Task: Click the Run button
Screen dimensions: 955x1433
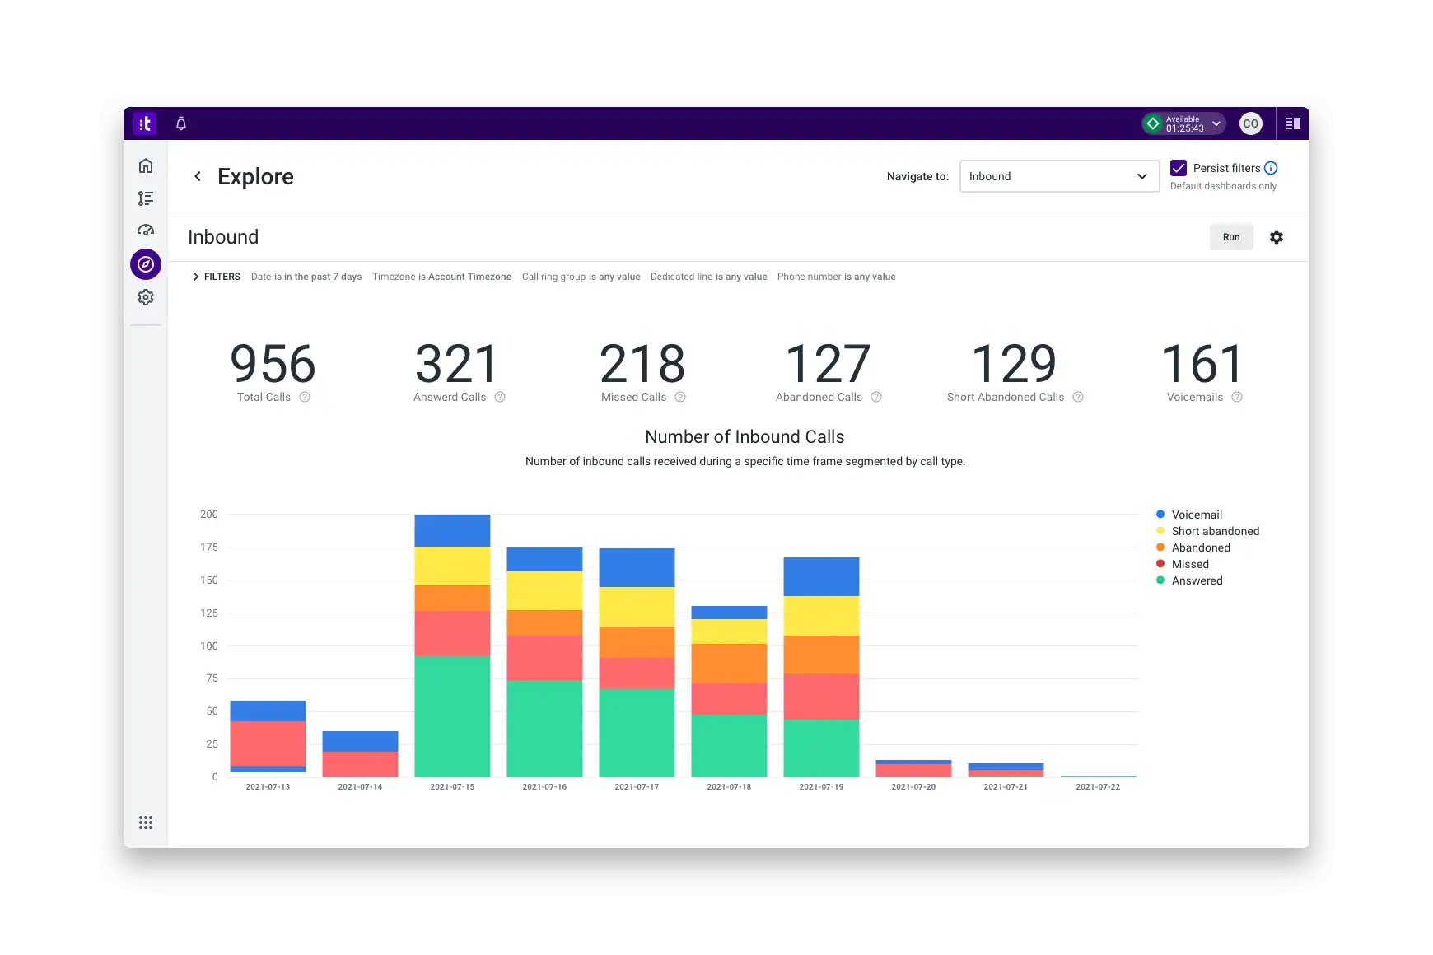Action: (x=1230, y=237)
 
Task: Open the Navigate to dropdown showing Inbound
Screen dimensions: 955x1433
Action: (x=1058, y=176)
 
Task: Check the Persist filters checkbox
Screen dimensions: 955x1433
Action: (x=1179, y=168)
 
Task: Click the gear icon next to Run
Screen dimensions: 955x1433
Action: (x=1276, y=237)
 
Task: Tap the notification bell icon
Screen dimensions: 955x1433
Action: (x=181, y=123)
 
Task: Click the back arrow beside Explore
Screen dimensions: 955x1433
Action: (x=198, y=176)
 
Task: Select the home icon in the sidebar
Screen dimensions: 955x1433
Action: (x=146, y=165)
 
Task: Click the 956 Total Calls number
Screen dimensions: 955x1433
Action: (x=273, y=364)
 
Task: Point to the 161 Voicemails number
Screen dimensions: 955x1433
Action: (x=1202, y=364)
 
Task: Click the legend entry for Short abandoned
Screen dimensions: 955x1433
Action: (x=1215, y=531)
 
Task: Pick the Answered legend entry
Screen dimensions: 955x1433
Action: (x=1197, y=580)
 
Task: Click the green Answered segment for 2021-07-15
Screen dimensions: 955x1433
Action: (x=452, y=716)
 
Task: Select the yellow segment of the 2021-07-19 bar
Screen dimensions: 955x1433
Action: (x=821, y=616)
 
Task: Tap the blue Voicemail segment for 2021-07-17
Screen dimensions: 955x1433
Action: (x=637, y=567)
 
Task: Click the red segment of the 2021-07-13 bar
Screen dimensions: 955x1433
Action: (x=268, y=743)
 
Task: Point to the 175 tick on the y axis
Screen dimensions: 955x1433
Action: (x=209, y=547)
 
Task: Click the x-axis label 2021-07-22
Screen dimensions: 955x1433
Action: (x=1097, y=787)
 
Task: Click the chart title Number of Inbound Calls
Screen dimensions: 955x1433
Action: (x=745, y=437)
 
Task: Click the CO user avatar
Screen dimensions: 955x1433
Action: (x=1250, y=123)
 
